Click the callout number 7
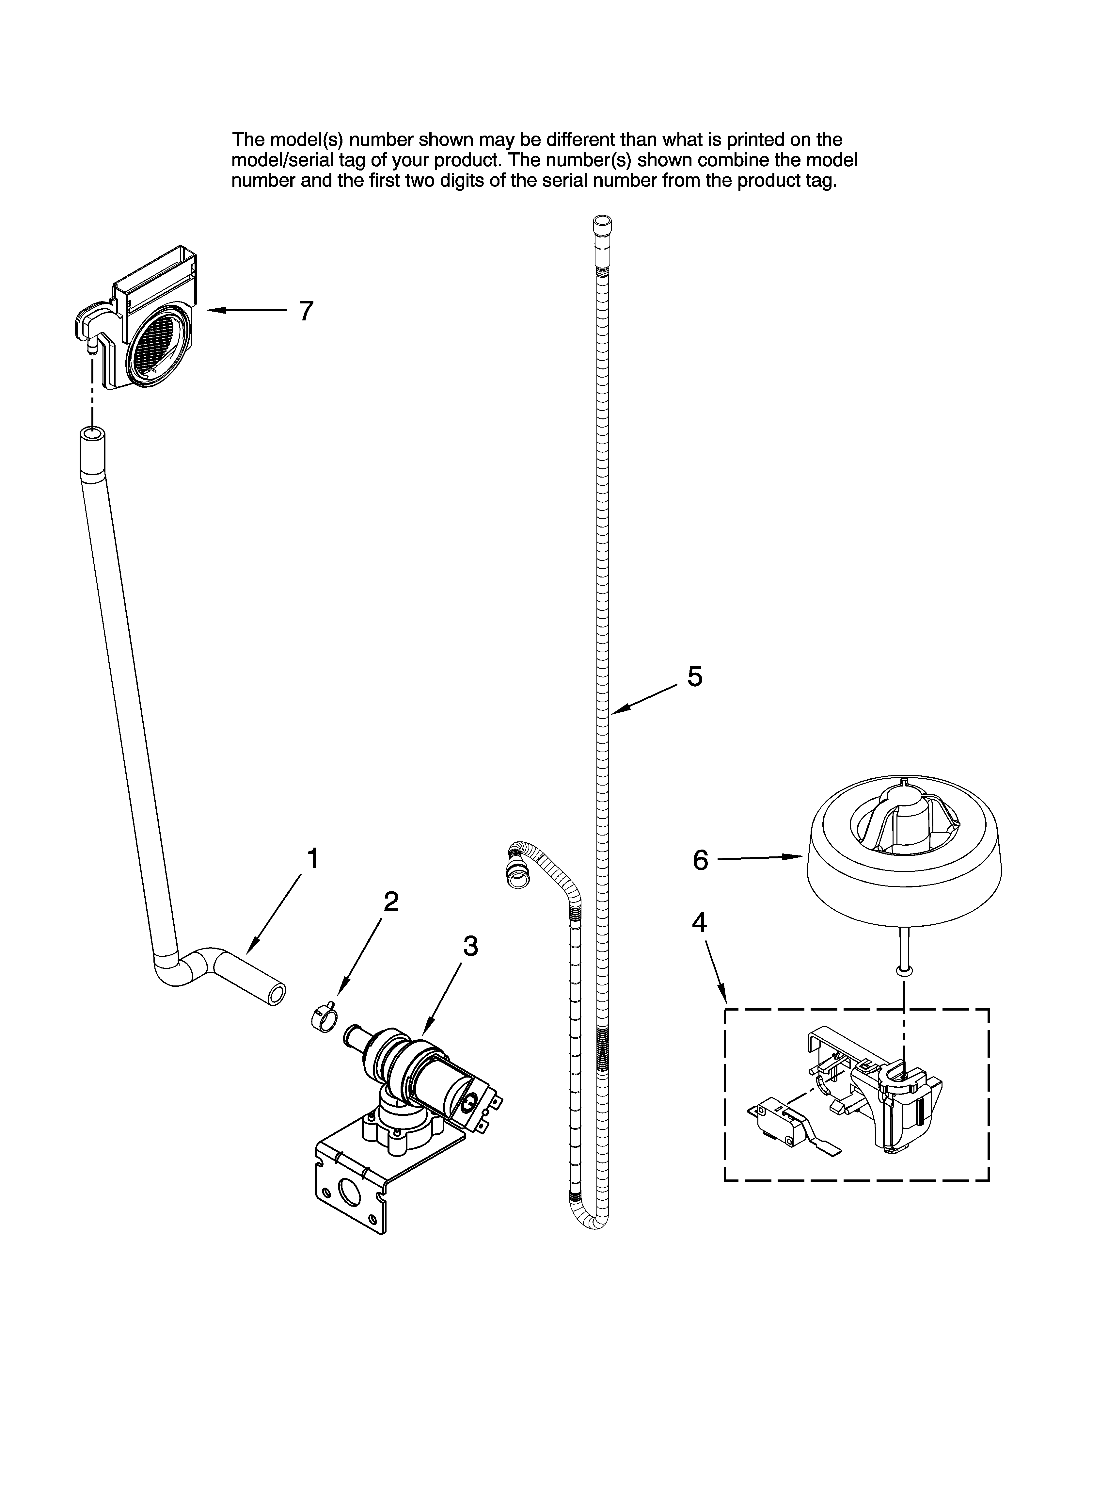(306, 311)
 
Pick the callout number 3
(470, 946)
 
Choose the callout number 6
(700, 860)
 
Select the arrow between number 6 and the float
(759, 858)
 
